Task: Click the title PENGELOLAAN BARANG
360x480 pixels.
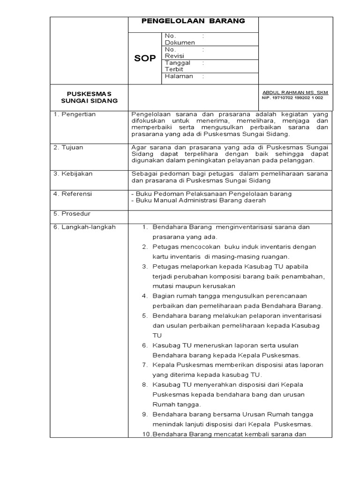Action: point(193,22)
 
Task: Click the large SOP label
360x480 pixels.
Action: point(145,59)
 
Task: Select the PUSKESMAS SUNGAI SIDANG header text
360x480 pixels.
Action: point(89,97)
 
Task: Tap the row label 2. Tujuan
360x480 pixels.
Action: point(68,147)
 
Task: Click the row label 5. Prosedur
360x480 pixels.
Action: point(72,213)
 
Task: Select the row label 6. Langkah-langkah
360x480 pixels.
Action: point(83,227)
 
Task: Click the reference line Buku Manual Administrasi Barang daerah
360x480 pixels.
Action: point(198,200)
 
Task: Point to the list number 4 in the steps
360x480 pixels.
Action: point(145,296)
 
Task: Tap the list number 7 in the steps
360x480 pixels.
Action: point(145,365)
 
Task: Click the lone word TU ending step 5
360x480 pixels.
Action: point(157,335)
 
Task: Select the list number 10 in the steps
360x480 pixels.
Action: point(145,434)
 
